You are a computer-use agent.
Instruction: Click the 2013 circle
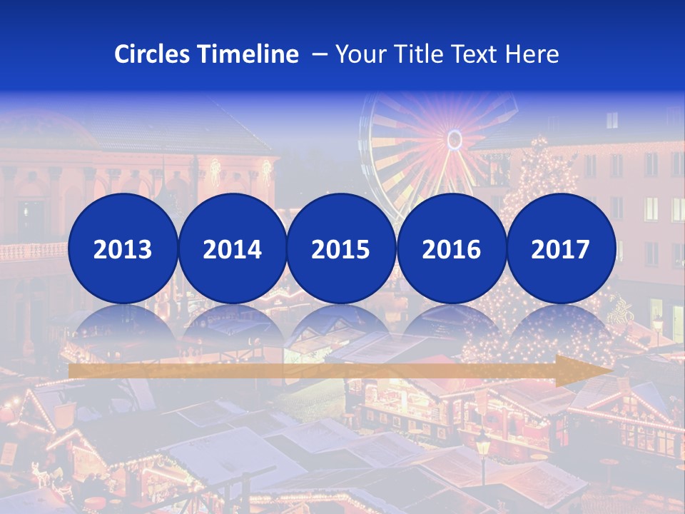tap(123, 248)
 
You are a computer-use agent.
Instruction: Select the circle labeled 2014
tap(232, 248)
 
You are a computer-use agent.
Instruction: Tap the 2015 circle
tap(341, 248)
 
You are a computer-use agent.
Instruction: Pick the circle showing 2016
tap(451, 248)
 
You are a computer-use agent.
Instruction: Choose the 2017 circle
tap(561, 248)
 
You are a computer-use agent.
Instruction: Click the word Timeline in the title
tap(249, 54)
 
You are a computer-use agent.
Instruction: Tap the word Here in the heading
tap(532, 54)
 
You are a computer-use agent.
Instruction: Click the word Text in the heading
tap(472, 54)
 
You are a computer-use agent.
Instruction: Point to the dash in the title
tap(319, 54)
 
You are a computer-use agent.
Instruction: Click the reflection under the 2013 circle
tap(123, 325)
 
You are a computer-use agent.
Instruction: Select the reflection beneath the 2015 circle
tap(341, 325)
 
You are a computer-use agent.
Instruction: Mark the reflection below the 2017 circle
tap(561, 325)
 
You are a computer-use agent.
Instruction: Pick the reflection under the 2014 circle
tap(232, 325)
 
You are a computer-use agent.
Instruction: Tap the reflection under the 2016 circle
tap(451, 325)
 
